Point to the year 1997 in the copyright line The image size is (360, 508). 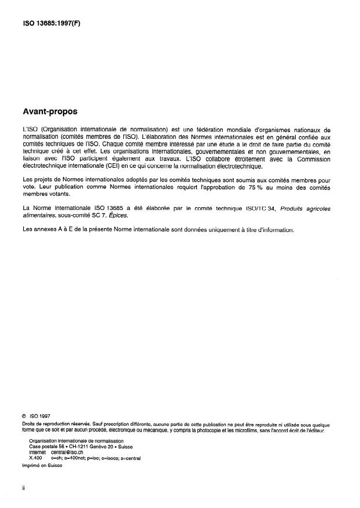(45, 415)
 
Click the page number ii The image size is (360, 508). (23, 488)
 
